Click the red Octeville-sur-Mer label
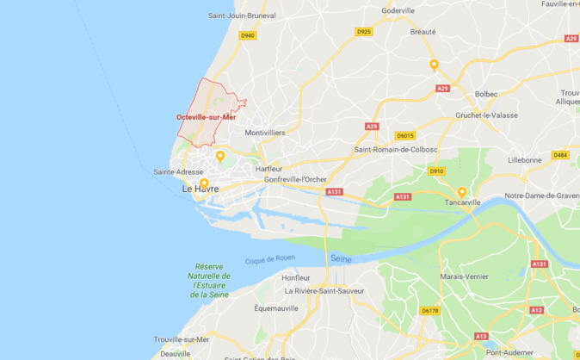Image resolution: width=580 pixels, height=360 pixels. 206,117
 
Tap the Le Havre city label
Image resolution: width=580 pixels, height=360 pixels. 200,189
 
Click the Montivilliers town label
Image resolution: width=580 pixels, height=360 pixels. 265,133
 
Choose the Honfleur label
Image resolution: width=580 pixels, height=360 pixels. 296,277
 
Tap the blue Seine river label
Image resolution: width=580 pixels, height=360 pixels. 342,258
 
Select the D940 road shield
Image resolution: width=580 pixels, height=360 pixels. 248,35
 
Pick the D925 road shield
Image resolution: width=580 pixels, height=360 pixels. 364,32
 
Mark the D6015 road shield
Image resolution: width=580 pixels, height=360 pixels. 404,135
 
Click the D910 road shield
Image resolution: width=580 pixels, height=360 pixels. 436,171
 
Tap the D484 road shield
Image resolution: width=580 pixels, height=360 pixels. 560,155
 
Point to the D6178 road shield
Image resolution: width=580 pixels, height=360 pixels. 429,310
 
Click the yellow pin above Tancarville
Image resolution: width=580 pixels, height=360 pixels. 462,191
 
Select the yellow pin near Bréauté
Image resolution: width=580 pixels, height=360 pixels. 435,64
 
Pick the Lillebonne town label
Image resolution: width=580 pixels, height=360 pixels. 525,160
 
